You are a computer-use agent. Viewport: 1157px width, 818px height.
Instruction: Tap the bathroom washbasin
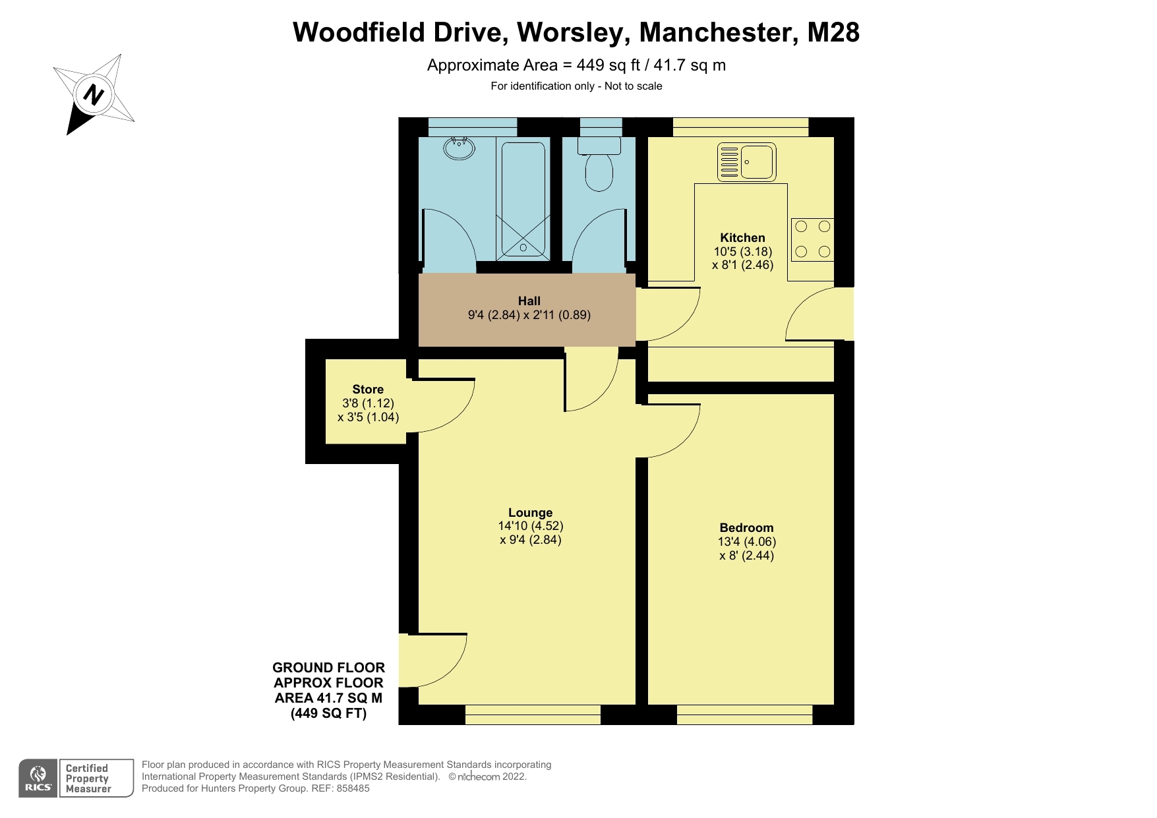[x=459, y=148]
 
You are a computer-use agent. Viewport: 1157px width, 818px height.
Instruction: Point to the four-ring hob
[x=812, y=239]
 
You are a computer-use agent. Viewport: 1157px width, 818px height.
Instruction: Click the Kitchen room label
[x=742, y=237]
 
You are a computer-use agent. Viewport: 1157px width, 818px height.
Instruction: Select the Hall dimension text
[x=529, y=315]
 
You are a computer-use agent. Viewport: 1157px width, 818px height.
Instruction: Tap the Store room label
[x=367, y=389]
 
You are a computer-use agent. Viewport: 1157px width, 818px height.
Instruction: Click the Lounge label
[x=530, y=512]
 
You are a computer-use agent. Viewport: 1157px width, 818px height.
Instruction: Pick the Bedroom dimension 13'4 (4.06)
[x=746, y=542]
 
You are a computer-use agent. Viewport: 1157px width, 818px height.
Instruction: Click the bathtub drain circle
[x=523, y=248]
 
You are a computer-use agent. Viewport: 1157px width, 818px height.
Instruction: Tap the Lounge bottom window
[x=533, y=715]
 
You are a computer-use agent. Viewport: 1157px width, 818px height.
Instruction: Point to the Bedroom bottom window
[x=744, y=715]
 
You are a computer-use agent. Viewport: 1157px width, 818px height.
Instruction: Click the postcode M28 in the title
[x=833, y=32]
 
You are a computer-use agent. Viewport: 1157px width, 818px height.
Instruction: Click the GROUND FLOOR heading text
[x=328, y=668]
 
